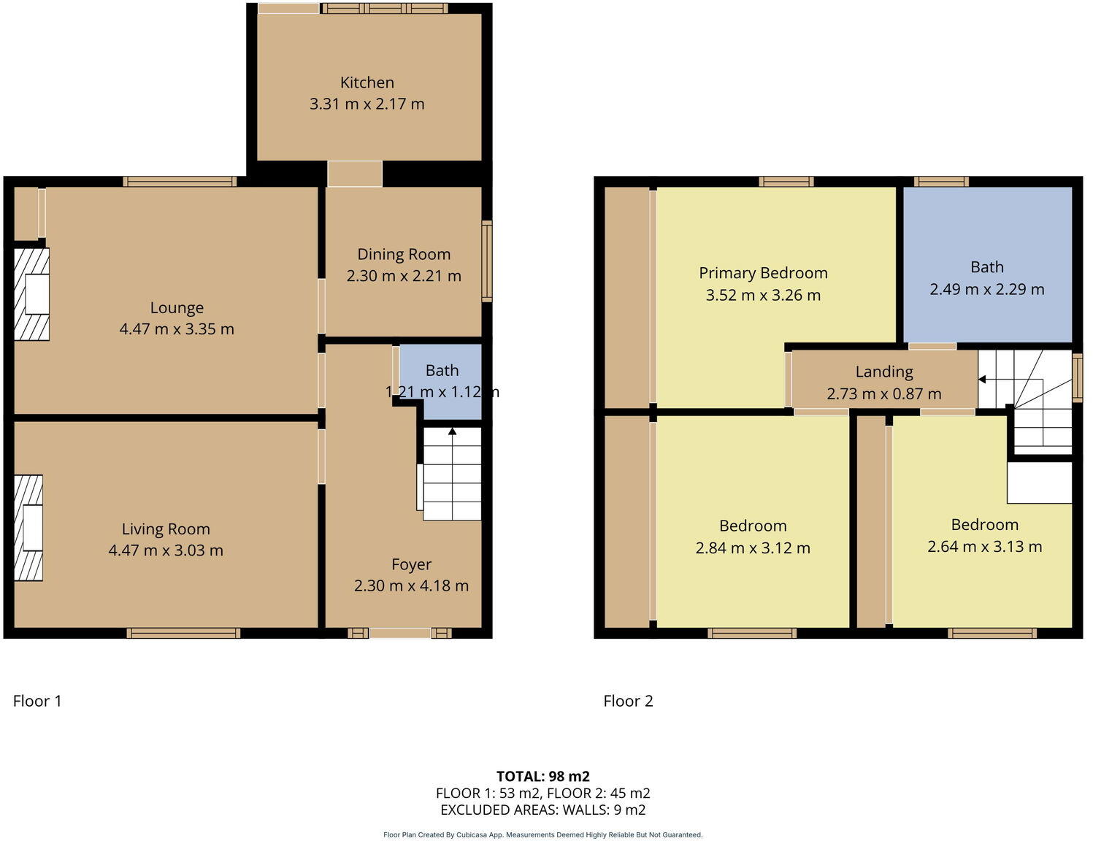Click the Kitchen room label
(367, 82)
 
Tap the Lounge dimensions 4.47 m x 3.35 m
(177, 329)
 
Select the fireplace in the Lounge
(31, 294)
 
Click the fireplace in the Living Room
(28, 528)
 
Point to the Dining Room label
(404, 254)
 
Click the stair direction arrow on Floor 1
(452, 432)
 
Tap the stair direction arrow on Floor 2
(982, 380)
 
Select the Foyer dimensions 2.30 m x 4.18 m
(411, 585)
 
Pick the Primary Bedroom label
(763, 273)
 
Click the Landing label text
(884, 372)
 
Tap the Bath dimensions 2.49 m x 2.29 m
(986, 289)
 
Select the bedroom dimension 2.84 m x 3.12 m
(753, 548)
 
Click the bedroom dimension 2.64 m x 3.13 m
(984, 547)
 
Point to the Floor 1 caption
(37, 701)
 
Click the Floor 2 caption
(628, 701)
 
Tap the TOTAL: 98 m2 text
(542, 776)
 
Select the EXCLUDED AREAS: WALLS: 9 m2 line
(542, 810)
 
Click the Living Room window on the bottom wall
(183, 633)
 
